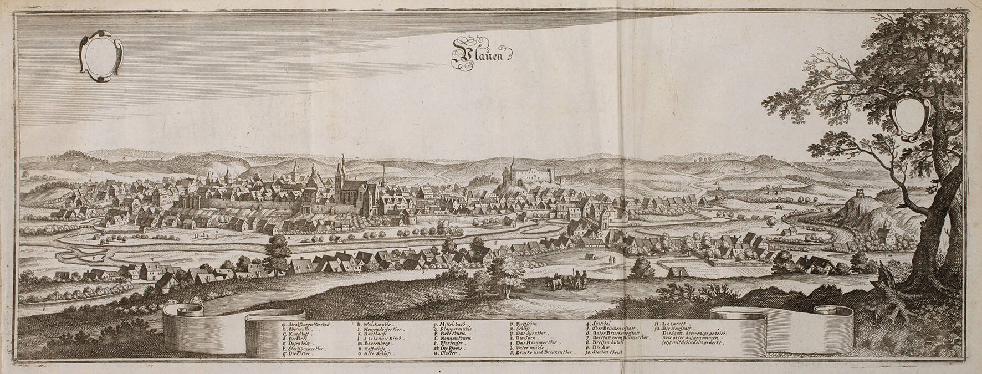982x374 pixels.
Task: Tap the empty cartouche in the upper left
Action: (x=101, y=55)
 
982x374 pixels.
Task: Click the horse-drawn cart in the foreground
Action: (x=565, y=281)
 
